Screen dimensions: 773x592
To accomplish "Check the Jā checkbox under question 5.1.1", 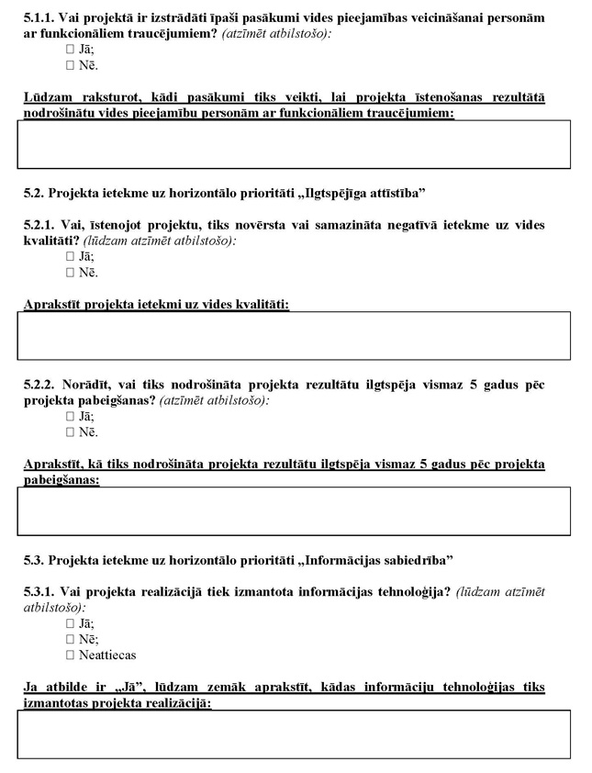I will (x=70, y=50).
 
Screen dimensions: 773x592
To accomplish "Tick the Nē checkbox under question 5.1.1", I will (x=70, y=65).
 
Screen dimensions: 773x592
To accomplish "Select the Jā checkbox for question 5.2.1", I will (x=70, y=256).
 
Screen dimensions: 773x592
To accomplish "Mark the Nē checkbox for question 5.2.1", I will (x=70, y=272).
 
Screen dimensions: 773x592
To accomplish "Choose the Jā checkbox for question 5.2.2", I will (x=70, y=416).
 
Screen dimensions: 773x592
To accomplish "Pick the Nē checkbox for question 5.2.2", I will (x=70, y=431).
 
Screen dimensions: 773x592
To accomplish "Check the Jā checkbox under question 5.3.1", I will (x=70, y=623).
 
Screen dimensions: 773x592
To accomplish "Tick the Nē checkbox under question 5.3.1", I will (x=70, y=639).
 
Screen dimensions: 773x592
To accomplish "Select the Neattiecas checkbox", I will (x=70, y=655).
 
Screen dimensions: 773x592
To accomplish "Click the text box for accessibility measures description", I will (x=294, y=144).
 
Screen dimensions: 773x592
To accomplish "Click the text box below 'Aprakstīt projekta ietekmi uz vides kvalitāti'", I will (x=294, y=335).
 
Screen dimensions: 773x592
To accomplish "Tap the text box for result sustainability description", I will (x=294, y=510).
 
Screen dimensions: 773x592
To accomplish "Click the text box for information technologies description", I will (x=294, y=734).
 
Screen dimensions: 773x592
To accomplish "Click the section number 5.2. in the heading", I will (x=34, y=193).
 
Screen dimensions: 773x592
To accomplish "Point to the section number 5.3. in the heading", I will (x=34, y=560).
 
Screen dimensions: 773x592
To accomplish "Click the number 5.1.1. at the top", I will (x=39, y=17).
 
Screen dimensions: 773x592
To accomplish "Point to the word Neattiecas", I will (x=107, y=655).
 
